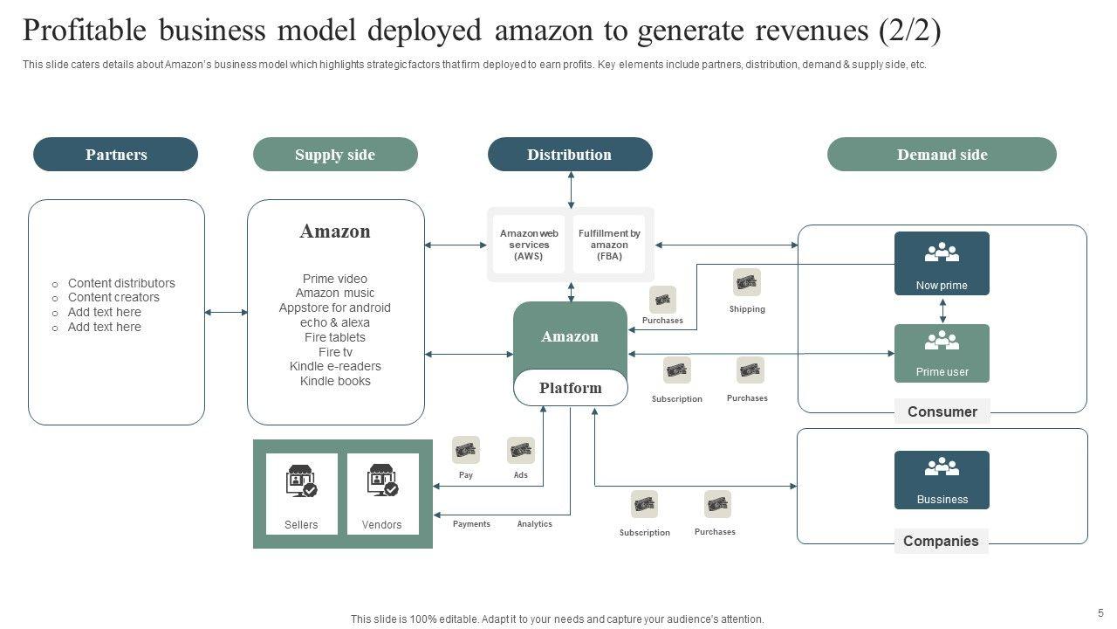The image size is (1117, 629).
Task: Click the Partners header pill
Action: pos(115,155)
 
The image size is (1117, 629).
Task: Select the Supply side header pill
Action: pos(335,155)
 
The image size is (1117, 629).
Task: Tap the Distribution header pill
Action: pos(570,155)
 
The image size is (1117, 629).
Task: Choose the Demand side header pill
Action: pos(942,155)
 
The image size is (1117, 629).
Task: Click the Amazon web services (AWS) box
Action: pos(529,245)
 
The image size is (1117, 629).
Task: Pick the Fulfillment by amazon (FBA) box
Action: pos(609,245)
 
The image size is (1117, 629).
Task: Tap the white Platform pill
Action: pos(571,388)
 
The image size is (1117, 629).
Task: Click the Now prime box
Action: pos(942,263)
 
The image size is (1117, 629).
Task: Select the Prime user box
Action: pos(942,353)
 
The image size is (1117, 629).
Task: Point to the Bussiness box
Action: pos(942,480)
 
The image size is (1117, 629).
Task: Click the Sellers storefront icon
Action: pos(301,480)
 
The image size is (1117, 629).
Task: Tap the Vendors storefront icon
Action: pos(382,480)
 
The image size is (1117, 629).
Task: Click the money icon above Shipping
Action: pos(747,282)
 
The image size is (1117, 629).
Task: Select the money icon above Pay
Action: pos(466,450)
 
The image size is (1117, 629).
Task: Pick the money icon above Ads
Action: pos(521,450)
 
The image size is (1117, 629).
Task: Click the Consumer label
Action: pos(942,411)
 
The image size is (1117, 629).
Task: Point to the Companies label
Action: pos(941,541)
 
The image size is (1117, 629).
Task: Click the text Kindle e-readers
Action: pos(335,366)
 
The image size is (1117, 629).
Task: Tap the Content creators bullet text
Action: pos(113,297)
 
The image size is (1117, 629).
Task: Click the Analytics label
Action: pos(534,524)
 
